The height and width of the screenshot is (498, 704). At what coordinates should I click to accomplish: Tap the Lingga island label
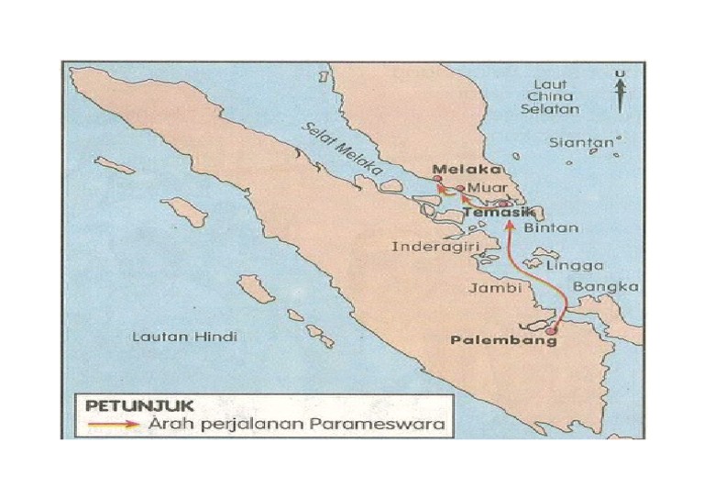coord(574,266)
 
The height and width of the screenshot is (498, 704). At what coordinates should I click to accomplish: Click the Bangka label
coord(605,287)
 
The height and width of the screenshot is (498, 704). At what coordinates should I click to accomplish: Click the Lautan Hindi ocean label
coord(184,337)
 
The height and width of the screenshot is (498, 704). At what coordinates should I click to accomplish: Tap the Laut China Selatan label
coord(550,96)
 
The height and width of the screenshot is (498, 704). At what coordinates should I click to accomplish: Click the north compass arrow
coord(621,93)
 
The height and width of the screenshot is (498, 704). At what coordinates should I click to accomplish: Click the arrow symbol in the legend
coord(113,424)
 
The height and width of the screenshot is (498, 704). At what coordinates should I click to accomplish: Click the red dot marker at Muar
coord(459,189)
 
